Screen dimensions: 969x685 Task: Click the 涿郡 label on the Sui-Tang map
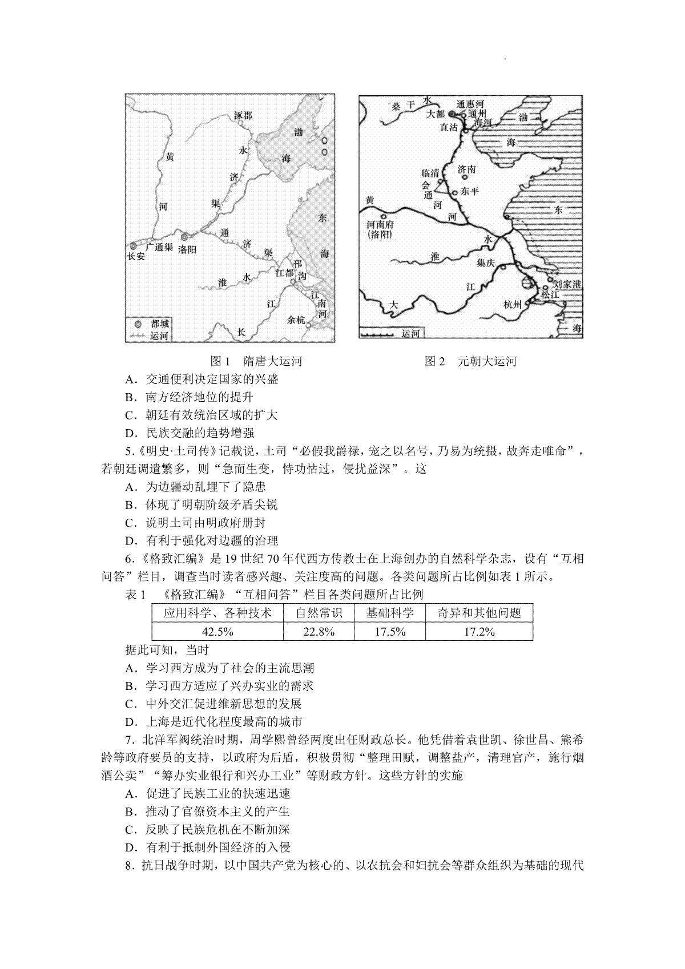[x=243, y=115]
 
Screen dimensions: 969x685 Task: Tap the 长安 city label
[x=136, y=257]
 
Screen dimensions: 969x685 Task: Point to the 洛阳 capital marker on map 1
[x=184, y=237]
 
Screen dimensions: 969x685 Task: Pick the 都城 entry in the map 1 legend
[x=159, y=324]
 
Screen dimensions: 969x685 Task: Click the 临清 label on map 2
[x=430, y=172]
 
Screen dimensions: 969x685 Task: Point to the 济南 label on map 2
[x=466, y=169]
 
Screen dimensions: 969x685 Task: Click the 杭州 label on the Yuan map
[x=513, y=305]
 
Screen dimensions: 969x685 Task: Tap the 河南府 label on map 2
[x=381, y=225]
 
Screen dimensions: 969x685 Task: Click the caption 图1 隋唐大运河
[x=256, y=361]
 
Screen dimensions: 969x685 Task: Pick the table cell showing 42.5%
[x=217, y=631]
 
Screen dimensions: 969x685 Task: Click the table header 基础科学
[x=390, y=613]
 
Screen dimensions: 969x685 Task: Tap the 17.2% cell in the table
[x=478, y=631]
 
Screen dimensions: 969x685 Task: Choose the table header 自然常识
[x=319, y=613]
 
